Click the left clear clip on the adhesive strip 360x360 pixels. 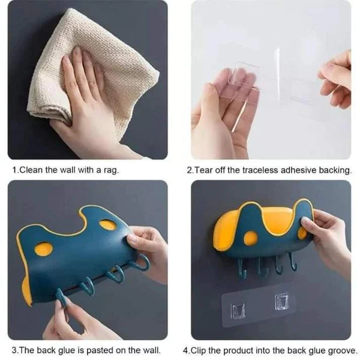pos(238,311)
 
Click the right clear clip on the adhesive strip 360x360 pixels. pos(282,302)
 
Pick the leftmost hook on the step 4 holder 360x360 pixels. pos(242,269)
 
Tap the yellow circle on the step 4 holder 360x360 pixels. pos(250,238)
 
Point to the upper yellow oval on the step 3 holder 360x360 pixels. pos(108,225)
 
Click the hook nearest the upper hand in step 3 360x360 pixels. pos(140,263)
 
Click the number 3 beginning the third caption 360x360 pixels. pos(14,350)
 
